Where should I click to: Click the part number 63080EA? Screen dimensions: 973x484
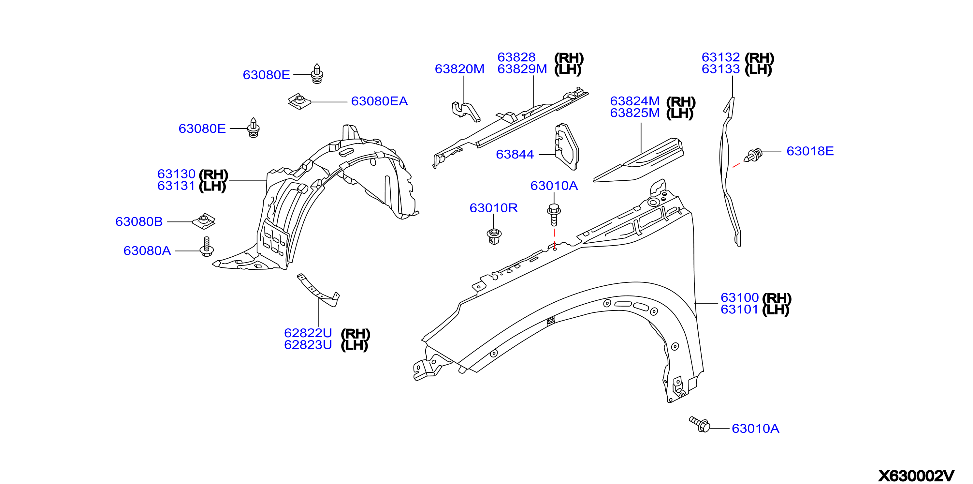(x=379, y=101)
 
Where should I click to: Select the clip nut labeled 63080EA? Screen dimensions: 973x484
(x=299, y=101)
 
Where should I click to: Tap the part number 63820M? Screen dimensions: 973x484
(x=459, y=69)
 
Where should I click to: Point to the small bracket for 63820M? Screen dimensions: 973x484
(x=466, y=112)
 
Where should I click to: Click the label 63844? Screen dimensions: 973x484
(x=515, y=154)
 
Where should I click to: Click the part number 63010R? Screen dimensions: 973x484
(x=493, y=208)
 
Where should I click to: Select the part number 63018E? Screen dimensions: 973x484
(x=810, y=151)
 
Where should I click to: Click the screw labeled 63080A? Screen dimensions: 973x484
(x=207, y=247)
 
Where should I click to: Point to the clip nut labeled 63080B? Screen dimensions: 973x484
(x=204, y=221)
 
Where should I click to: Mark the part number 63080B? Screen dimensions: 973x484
(x=139, y=221)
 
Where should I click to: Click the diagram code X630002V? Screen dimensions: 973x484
(x=916, y=475)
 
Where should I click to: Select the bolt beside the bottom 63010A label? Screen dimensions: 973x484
(x=700, y=425)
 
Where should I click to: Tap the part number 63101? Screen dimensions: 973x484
(x=740, y=309)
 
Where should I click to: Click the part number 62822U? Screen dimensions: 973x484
(x=308, y=333)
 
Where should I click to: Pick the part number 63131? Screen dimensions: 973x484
(x=176, y=186)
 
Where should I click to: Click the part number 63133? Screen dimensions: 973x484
(x=721, y=69)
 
